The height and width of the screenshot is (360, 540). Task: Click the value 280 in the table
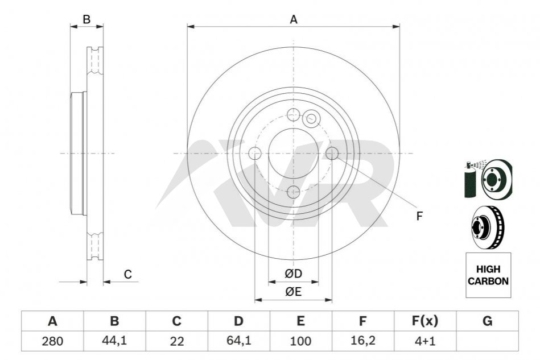[x=52, y=341]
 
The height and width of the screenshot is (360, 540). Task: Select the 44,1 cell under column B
[x=114, y=341]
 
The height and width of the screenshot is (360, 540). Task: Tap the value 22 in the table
[x=176, y=341]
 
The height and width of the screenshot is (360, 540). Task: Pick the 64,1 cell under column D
[x=238, y=341]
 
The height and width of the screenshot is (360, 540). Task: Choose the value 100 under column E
[x=300, y=341]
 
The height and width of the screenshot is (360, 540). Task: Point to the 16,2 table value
[x=362, y=341]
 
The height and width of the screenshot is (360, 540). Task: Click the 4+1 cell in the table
[x=425, y=341]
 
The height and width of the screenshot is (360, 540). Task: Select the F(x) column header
[x=425, y=321]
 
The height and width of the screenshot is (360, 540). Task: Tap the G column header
[x=487, y=321]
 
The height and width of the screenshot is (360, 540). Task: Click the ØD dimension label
[x=294, y=274]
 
